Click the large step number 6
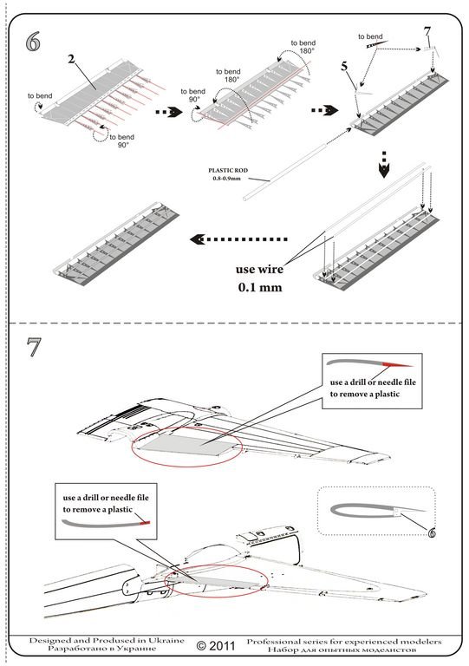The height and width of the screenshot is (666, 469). click(33, 42)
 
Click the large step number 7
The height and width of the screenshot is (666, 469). click(34, 347)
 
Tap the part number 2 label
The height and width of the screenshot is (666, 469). click(71, 59)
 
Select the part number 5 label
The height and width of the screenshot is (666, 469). click(344, 66)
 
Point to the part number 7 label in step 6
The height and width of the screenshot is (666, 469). click(427, 31)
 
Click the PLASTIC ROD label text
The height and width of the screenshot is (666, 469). click(228, 170)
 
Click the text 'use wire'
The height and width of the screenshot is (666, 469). click(259, 270)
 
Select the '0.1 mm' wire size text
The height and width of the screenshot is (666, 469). click(260, 288)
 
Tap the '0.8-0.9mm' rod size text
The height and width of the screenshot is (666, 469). click(226, 179)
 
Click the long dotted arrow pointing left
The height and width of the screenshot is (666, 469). click(238, 239)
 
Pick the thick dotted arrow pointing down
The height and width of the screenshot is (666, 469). click(384, 165)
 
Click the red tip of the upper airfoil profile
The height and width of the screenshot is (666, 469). click(397, 364)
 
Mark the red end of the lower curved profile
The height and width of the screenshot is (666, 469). click(146, 522)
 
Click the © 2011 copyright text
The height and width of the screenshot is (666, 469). click(216, 646)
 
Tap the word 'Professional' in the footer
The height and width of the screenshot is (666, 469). click(274, 642)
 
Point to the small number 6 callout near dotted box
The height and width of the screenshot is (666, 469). click(431, 532)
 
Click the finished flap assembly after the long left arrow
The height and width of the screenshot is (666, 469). click(115, 243)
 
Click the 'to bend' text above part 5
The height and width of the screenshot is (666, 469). click(370, 36)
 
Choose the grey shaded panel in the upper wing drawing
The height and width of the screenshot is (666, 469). click(188, 444)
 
